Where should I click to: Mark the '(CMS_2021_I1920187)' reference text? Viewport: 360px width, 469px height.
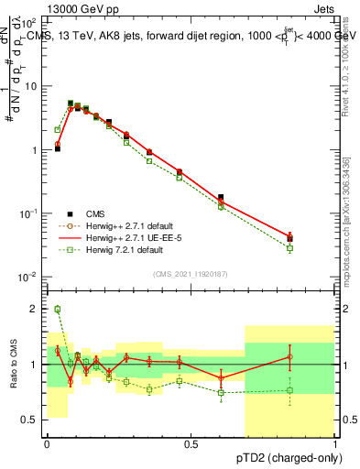(x=191, y=273)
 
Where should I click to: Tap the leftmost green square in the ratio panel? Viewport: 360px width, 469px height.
(x=57, y=310)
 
